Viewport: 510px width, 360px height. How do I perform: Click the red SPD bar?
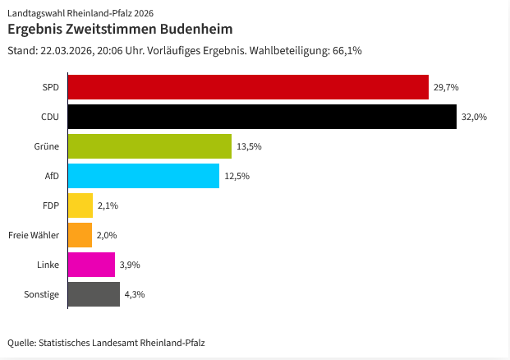(248, 87)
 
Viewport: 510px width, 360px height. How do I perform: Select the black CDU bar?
(262, 117)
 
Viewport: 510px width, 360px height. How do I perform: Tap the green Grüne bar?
(149, 146)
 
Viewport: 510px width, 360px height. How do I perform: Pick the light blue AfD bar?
(144, 176)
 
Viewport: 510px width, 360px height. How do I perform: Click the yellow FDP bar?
(80, 205)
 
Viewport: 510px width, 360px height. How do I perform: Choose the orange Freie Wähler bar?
(80, 235)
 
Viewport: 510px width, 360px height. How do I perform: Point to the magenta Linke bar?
(91, 265)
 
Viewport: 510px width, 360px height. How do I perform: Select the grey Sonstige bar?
(94, 294)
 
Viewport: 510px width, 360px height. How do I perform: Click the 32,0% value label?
(474, 117)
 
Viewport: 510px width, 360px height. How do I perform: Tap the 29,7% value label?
(446, 87)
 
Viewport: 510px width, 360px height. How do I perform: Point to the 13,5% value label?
(249, 146)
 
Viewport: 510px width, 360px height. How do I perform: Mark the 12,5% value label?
(237, 176)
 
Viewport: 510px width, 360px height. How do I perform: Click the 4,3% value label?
(134, 294)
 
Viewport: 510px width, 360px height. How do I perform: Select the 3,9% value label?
(129, 265)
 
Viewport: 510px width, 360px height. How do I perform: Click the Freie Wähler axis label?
(33, 235)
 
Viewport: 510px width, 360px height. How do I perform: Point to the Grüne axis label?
(47, 146)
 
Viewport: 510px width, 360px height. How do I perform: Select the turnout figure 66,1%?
(347, 50)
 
